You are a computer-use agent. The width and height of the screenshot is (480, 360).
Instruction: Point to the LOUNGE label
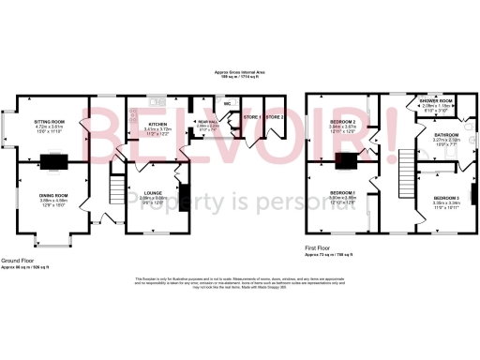tap(152, 193)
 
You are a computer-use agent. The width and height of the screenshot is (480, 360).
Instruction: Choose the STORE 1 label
tap(250, 117)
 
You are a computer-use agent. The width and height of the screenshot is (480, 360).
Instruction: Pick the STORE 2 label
tap(273, 117)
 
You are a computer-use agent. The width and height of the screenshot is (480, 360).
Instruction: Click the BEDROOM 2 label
tap(341, 123)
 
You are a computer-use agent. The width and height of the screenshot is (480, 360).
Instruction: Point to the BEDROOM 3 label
tap(444, 199)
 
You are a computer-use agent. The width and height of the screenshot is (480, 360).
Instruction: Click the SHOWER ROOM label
tap(436, 100)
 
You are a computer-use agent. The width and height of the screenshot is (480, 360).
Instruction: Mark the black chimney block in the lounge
tap(182, 197)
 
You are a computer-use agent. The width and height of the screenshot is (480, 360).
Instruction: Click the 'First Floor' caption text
tap(319, 248)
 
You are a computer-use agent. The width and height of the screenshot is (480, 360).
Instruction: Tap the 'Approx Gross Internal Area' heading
tap(239, 72)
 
